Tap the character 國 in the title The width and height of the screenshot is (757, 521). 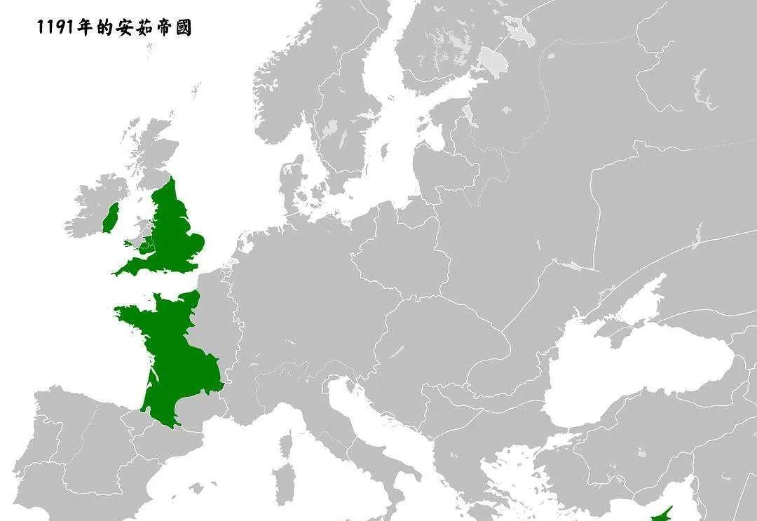pos(183,28)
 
